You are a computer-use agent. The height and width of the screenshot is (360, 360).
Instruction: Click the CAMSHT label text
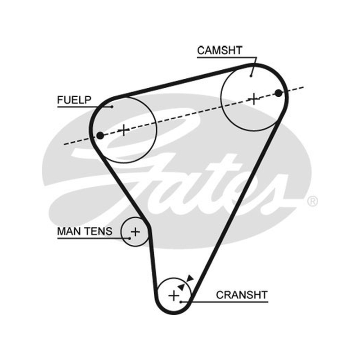pyautogui.click(x=220, y=50)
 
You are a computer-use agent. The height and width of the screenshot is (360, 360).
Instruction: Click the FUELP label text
pyautogui.click(x=74, y=100)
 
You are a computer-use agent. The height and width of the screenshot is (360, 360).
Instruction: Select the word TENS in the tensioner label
pyautogui.click(x=98, y=231)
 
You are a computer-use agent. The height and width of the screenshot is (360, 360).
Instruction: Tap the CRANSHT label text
pyautogui.click(x=242, y=295)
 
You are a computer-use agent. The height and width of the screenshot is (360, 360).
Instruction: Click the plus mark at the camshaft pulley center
pyautogui.click(x=254, y=99)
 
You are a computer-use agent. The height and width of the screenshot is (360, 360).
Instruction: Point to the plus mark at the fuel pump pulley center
pyautogui.click(x=124, y=130)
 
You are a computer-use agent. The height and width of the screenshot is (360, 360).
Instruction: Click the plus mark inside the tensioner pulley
pyautogui.click(x=135, y=232)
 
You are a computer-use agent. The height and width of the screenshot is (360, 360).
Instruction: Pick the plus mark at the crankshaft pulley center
pyautogui.click(x=174, y=296)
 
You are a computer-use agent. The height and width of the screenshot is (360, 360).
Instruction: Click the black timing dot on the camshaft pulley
pyautogui.click(x=279, y=93)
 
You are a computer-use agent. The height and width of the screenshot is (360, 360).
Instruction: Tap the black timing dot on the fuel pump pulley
pyautogui.click(x=100, y=135)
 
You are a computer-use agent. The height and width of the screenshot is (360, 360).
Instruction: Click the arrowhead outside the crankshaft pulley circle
pyautogui.click(x=190, y=278)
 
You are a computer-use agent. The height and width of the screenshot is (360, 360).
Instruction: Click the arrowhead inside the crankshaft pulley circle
pyautogui.click(x=181, y=287)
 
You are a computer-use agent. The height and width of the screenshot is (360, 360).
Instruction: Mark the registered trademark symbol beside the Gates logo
pyautogui.click(x=312, y=201)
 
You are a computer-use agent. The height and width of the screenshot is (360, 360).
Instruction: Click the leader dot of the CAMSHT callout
pyautogui.click(x=251, y=76)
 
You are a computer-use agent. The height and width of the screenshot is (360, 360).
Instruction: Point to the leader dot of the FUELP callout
pyautogui.click(x=112, y=107)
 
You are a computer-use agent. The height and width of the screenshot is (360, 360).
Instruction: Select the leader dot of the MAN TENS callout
pyautogui.click(x=130, y=238)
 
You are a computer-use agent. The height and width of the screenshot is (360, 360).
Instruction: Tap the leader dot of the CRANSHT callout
pyautogui.click(x=181, y=302)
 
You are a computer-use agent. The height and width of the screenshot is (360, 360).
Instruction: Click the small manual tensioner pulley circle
pyautogui.click(x=121, y=232)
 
